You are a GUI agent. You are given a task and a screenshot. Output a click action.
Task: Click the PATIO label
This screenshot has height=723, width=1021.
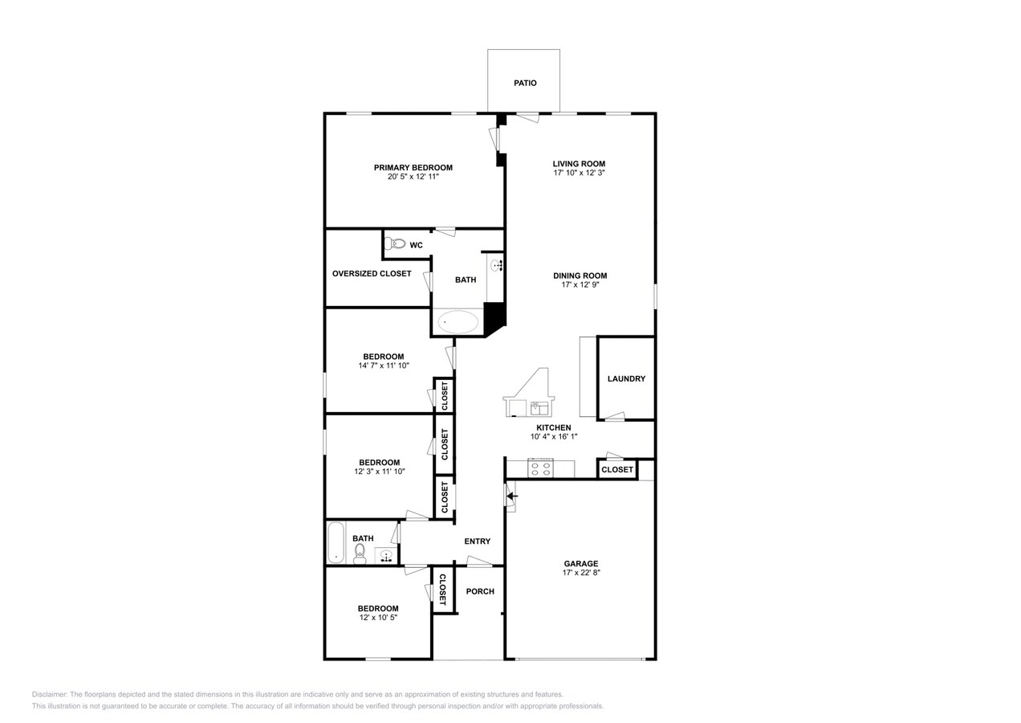[x=525, y=83]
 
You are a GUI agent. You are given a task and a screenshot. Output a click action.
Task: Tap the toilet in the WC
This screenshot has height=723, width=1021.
[x=397, y=243]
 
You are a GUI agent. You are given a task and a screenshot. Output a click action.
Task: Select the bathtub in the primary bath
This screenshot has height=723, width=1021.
[x=458, y=322]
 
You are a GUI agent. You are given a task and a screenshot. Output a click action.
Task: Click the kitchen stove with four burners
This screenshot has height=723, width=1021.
[x=540, y=468]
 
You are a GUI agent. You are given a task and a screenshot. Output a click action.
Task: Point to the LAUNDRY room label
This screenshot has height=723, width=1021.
[x=626, y=378]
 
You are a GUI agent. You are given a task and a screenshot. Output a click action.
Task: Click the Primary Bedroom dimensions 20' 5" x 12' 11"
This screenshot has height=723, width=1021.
[x=413, y=177]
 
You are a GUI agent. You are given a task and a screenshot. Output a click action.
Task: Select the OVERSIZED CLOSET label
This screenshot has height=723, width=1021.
[x=372, y=273]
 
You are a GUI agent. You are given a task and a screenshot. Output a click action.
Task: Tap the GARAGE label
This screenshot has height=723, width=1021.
[x=580, y=563]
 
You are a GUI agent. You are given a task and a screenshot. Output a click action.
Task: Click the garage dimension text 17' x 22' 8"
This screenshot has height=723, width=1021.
[x=580, y=573]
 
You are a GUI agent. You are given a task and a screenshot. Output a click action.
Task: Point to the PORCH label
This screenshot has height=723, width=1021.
[x=480, y=591]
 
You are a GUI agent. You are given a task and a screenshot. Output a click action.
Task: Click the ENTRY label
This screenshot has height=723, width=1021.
[x=477, y=541]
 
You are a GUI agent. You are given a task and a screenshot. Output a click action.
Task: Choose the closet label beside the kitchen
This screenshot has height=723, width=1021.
[x=617, y=469]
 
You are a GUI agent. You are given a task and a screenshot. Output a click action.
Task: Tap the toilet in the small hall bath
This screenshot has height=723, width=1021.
[x=360, y=553]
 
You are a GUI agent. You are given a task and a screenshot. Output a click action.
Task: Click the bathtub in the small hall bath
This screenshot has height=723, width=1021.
[x=336, y=542]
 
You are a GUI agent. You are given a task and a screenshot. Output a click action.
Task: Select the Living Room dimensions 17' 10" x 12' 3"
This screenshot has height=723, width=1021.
[x=579, y=173]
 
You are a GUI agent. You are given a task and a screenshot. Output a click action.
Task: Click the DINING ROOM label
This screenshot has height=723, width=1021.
[x=580, y=276]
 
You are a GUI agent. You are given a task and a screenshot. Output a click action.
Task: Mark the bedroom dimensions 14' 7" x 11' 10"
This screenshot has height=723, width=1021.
[x=383, y=366]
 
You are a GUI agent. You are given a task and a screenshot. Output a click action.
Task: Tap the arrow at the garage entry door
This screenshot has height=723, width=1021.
[x=512, y=496]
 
